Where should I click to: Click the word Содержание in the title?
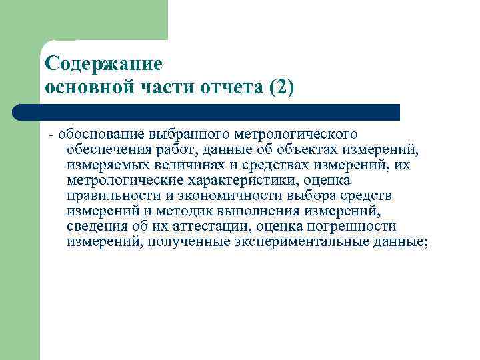(x=103, y=65)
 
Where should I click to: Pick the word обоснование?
(x=93, y=135)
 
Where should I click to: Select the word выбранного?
(x=169, y=135)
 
